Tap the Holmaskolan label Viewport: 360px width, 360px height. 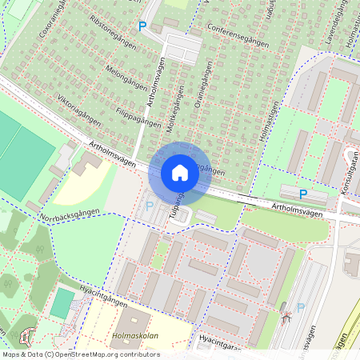click(x=134, y=336)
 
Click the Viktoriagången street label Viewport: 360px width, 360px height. click(x=79, y=110)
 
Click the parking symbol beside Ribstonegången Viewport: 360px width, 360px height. click(x=142, y=27)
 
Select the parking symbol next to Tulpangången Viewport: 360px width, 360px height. click(x=149, y=206)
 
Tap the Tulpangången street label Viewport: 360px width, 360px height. click(x=177, y=210)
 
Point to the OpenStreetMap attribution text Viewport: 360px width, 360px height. click(x=81, y=354)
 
